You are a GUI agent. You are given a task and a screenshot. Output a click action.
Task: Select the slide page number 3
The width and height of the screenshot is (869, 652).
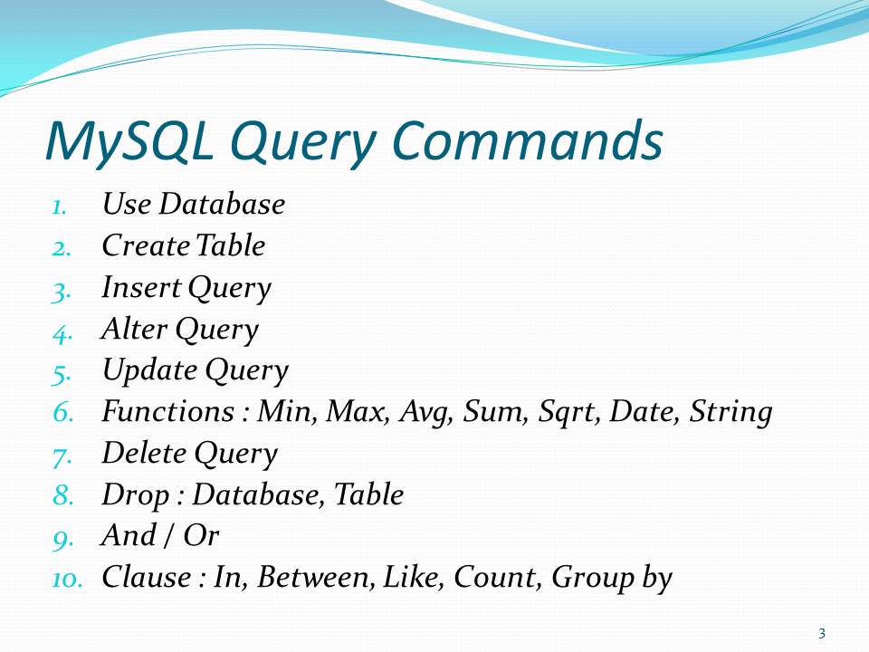coord(821,633)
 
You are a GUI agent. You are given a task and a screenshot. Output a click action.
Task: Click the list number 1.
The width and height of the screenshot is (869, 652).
coord(58,206)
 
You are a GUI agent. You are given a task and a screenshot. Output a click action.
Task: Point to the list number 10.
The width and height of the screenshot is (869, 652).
coord(67,578)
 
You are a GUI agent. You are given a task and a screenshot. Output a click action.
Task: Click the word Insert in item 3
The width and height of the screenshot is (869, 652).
coord(130,288)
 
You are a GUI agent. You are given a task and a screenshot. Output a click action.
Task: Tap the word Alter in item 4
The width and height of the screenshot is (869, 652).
coord(126,330)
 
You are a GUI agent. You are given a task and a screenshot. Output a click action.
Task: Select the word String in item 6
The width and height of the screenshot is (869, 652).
coord(731,413)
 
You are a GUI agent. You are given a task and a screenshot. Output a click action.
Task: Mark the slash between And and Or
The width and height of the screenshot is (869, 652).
coord(169,536)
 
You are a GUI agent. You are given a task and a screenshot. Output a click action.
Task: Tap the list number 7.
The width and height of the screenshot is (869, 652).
coord(62,455)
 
